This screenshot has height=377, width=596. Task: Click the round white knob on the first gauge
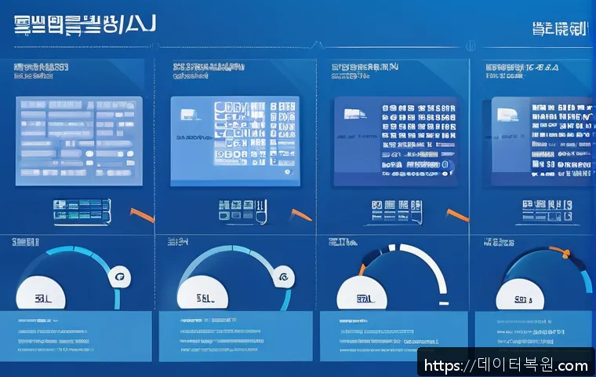pos(119,276)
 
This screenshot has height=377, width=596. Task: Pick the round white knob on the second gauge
pos(281,276)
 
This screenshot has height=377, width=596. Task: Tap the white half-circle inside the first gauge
pos(43,294)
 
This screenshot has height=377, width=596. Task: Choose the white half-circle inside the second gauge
pos(205,294)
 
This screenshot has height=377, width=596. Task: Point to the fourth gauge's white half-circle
pos(522,295)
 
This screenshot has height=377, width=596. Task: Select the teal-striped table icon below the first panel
pos(78,209)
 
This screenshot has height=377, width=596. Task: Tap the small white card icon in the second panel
pos(188,113)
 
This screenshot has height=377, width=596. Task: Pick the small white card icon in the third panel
pos(351,113)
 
